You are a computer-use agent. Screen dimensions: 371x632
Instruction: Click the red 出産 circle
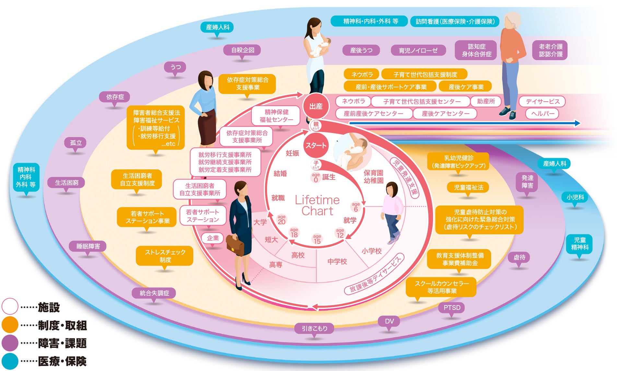(x=316, y=106)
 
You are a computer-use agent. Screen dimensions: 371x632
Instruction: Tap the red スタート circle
(x=316, y=145)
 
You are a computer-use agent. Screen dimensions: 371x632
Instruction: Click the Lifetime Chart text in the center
(x=317, y=205)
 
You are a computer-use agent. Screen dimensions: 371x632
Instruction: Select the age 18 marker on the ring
(x=294, y=233)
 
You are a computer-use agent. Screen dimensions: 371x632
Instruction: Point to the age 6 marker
(x=356, y=207)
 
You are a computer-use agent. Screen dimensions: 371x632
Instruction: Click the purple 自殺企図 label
(x=242, y=50)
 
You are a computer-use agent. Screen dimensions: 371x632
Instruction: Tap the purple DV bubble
(x=389, y=321)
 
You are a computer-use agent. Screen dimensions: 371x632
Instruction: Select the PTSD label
(x=452, y=307)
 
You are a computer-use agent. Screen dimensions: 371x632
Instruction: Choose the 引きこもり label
(x=314, y=328)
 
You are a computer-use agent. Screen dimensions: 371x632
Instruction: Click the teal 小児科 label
(x=575, y=197)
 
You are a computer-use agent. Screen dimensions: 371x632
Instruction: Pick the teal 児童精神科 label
(x=579, y=244)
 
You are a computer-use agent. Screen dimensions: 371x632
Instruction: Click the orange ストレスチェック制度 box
(x=165, y=256)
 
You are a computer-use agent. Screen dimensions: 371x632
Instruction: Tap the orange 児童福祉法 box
(x=468, y=187)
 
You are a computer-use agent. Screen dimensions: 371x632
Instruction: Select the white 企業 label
(x=213, y=238)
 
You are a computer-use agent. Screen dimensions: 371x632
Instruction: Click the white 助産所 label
(x=486, y=101)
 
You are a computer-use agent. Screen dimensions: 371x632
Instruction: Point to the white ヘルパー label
(x=543, y=114)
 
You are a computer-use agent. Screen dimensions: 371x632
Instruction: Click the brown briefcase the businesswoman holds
(x=235, y=246)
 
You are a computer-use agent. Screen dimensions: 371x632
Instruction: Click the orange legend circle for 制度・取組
(x=10, y=325)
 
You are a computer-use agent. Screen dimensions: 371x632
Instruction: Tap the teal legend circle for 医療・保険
(x=10, y=361)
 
